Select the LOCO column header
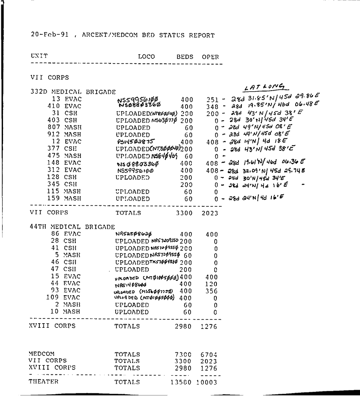pyautogui.click(x=147, y=57)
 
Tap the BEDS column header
pyautogui.click(x=185, y=57)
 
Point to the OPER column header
pyautogui.click(x=210, y=57)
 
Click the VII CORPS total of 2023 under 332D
pyautogui.click(x=209, y=213)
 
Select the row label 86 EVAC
pyautogui.click(x=66, y=234)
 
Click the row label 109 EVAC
pyautogui.click(x=64, y=298)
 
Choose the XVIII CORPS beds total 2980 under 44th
pyautogui.click(x=183, y=326)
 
